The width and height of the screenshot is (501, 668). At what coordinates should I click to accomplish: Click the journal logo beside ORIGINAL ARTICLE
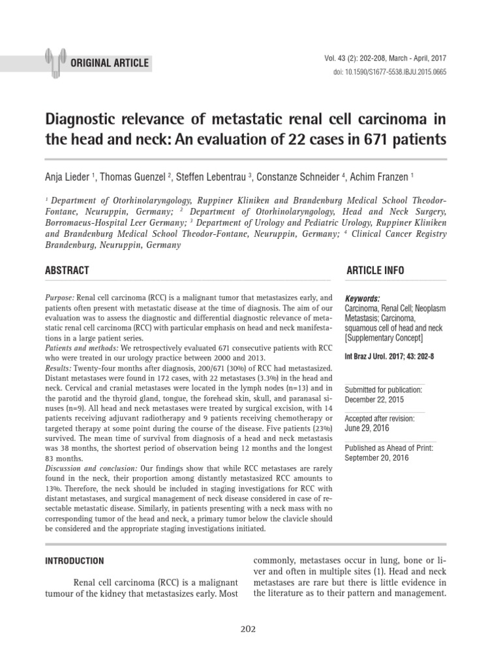pyautogui.click(x=56, y=59)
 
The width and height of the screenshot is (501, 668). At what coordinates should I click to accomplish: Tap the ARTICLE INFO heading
pyautogui.click(x=375, y=270)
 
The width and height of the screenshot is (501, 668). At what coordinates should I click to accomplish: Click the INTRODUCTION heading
pyautogui.click(x=73, y=560)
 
